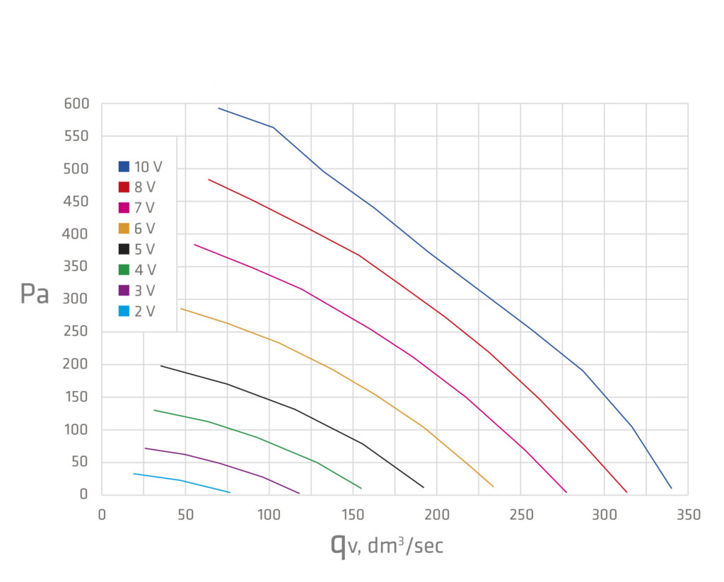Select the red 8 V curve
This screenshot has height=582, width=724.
[x=312, y=234]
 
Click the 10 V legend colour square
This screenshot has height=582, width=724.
[x=124, y=167]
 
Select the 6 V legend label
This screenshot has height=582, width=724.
[x=145, y=228]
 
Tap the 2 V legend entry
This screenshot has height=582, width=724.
[x=137, y=310]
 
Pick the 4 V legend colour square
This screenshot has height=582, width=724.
[x=124, y=269]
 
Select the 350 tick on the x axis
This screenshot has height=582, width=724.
[x=688, y=515]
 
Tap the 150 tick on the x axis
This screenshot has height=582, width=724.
[x=353, y=515]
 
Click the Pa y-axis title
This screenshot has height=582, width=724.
[x=34, y=294]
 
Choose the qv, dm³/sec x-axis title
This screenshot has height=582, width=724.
[x=387, y=545]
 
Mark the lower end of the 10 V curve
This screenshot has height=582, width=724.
[x=671, y=488]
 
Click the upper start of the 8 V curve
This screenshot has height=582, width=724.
[x=209, y=180]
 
